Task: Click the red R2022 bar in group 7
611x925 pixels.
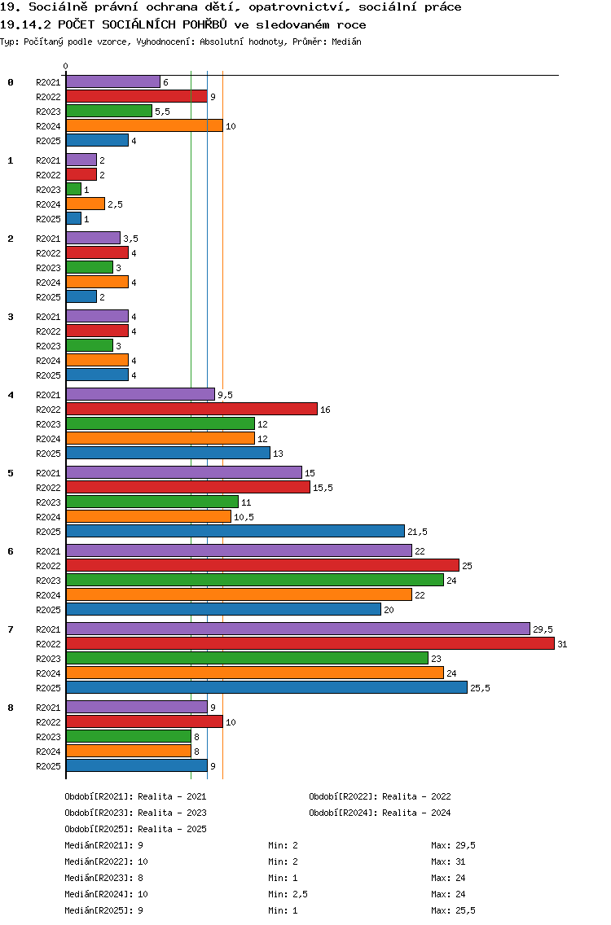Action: pyautogui.click(x=310, y=643)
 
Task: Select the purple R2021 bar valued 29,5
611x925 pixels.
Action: pyautogui.click(x=297, y=629)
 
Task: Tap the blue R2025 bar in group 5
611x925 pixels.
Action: pyautogui.click(x=235, y=531)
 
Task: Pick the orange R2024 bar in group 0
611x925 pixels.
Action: pyautogui.click(x=144, y=125)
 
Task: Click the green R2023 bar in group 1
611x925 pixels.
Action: pyautogui.click(x=73, y=189)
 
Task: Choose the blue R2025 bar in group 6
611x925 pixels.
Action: pyautogui.click(x=223, y=609)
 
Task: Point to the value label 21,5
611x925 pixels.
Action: pyautogui.click(x=417, y=532)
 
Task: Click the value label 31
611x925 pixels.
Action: pyautogui.click(x=562, y=644)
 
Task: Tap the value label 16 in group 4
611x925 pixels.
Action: pyautogui.click(x=325, y=410)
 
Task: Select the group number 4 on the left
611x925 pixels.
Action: pyautogui.click(x=11, y=395)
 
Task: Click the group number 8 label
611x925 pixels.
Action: pyautogui.click(x=11, y=708)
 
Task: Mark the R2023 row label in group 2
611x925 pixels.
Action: pyautogui.click(x=48, y=268)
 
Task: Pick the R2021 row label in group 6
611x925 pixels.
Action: pyautogui.click(x=48, y=551)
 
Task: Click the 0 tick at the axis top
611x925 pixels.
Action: pyautogui.click(x=66, y=67)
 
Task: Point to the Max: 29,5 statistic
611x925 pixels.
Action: pyautogui.click(x=454, y=845)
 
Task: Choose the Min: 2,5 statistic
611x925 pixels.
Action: pyautogui.click(x=287, y=894)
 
